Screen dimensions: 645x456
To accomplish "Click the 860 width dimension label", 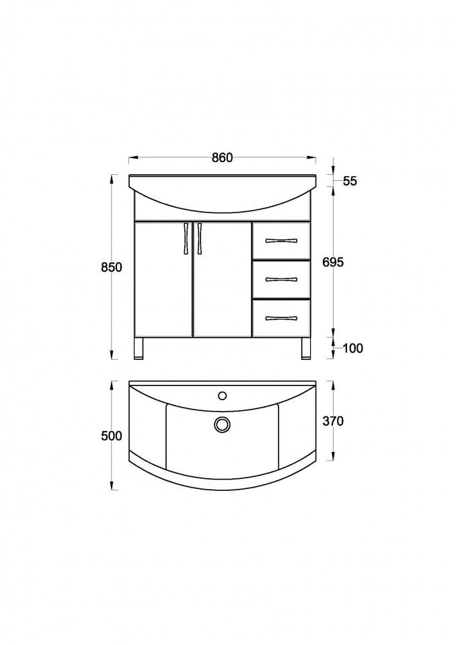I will pos(222,158).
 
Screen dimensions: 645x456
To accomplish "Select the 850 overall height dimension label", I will pos(112,267).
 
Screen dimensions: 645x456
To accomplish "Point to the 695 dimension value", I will pos(334,262).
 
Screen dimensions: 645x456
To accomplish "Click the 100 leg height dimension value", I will pos(352,348).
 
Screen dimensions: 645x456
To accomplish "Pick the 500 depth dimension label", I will pos(112,436).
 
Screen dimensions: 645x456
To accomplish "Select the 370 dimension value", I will pos(333,422).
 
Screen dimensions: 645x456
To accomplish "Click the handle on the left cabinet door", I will pos(186,239).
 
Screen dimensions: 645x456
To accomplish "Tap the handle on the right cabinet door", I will pos(200,239).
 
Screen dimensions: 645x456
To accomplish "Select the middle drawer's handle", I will pos(280,279).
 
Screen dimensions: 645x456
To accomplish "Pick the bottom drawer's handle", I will pos(280,318).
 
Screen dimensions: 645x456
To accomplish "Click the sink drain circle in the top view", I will pos(222,424).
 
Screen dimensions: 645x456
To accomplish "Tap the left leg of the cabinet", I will pos(139,348).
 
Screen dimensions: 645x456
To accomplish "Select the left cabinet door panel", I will pos(163,279).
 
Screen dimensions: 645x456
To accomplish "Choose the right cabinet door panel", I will pos(222,279).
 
